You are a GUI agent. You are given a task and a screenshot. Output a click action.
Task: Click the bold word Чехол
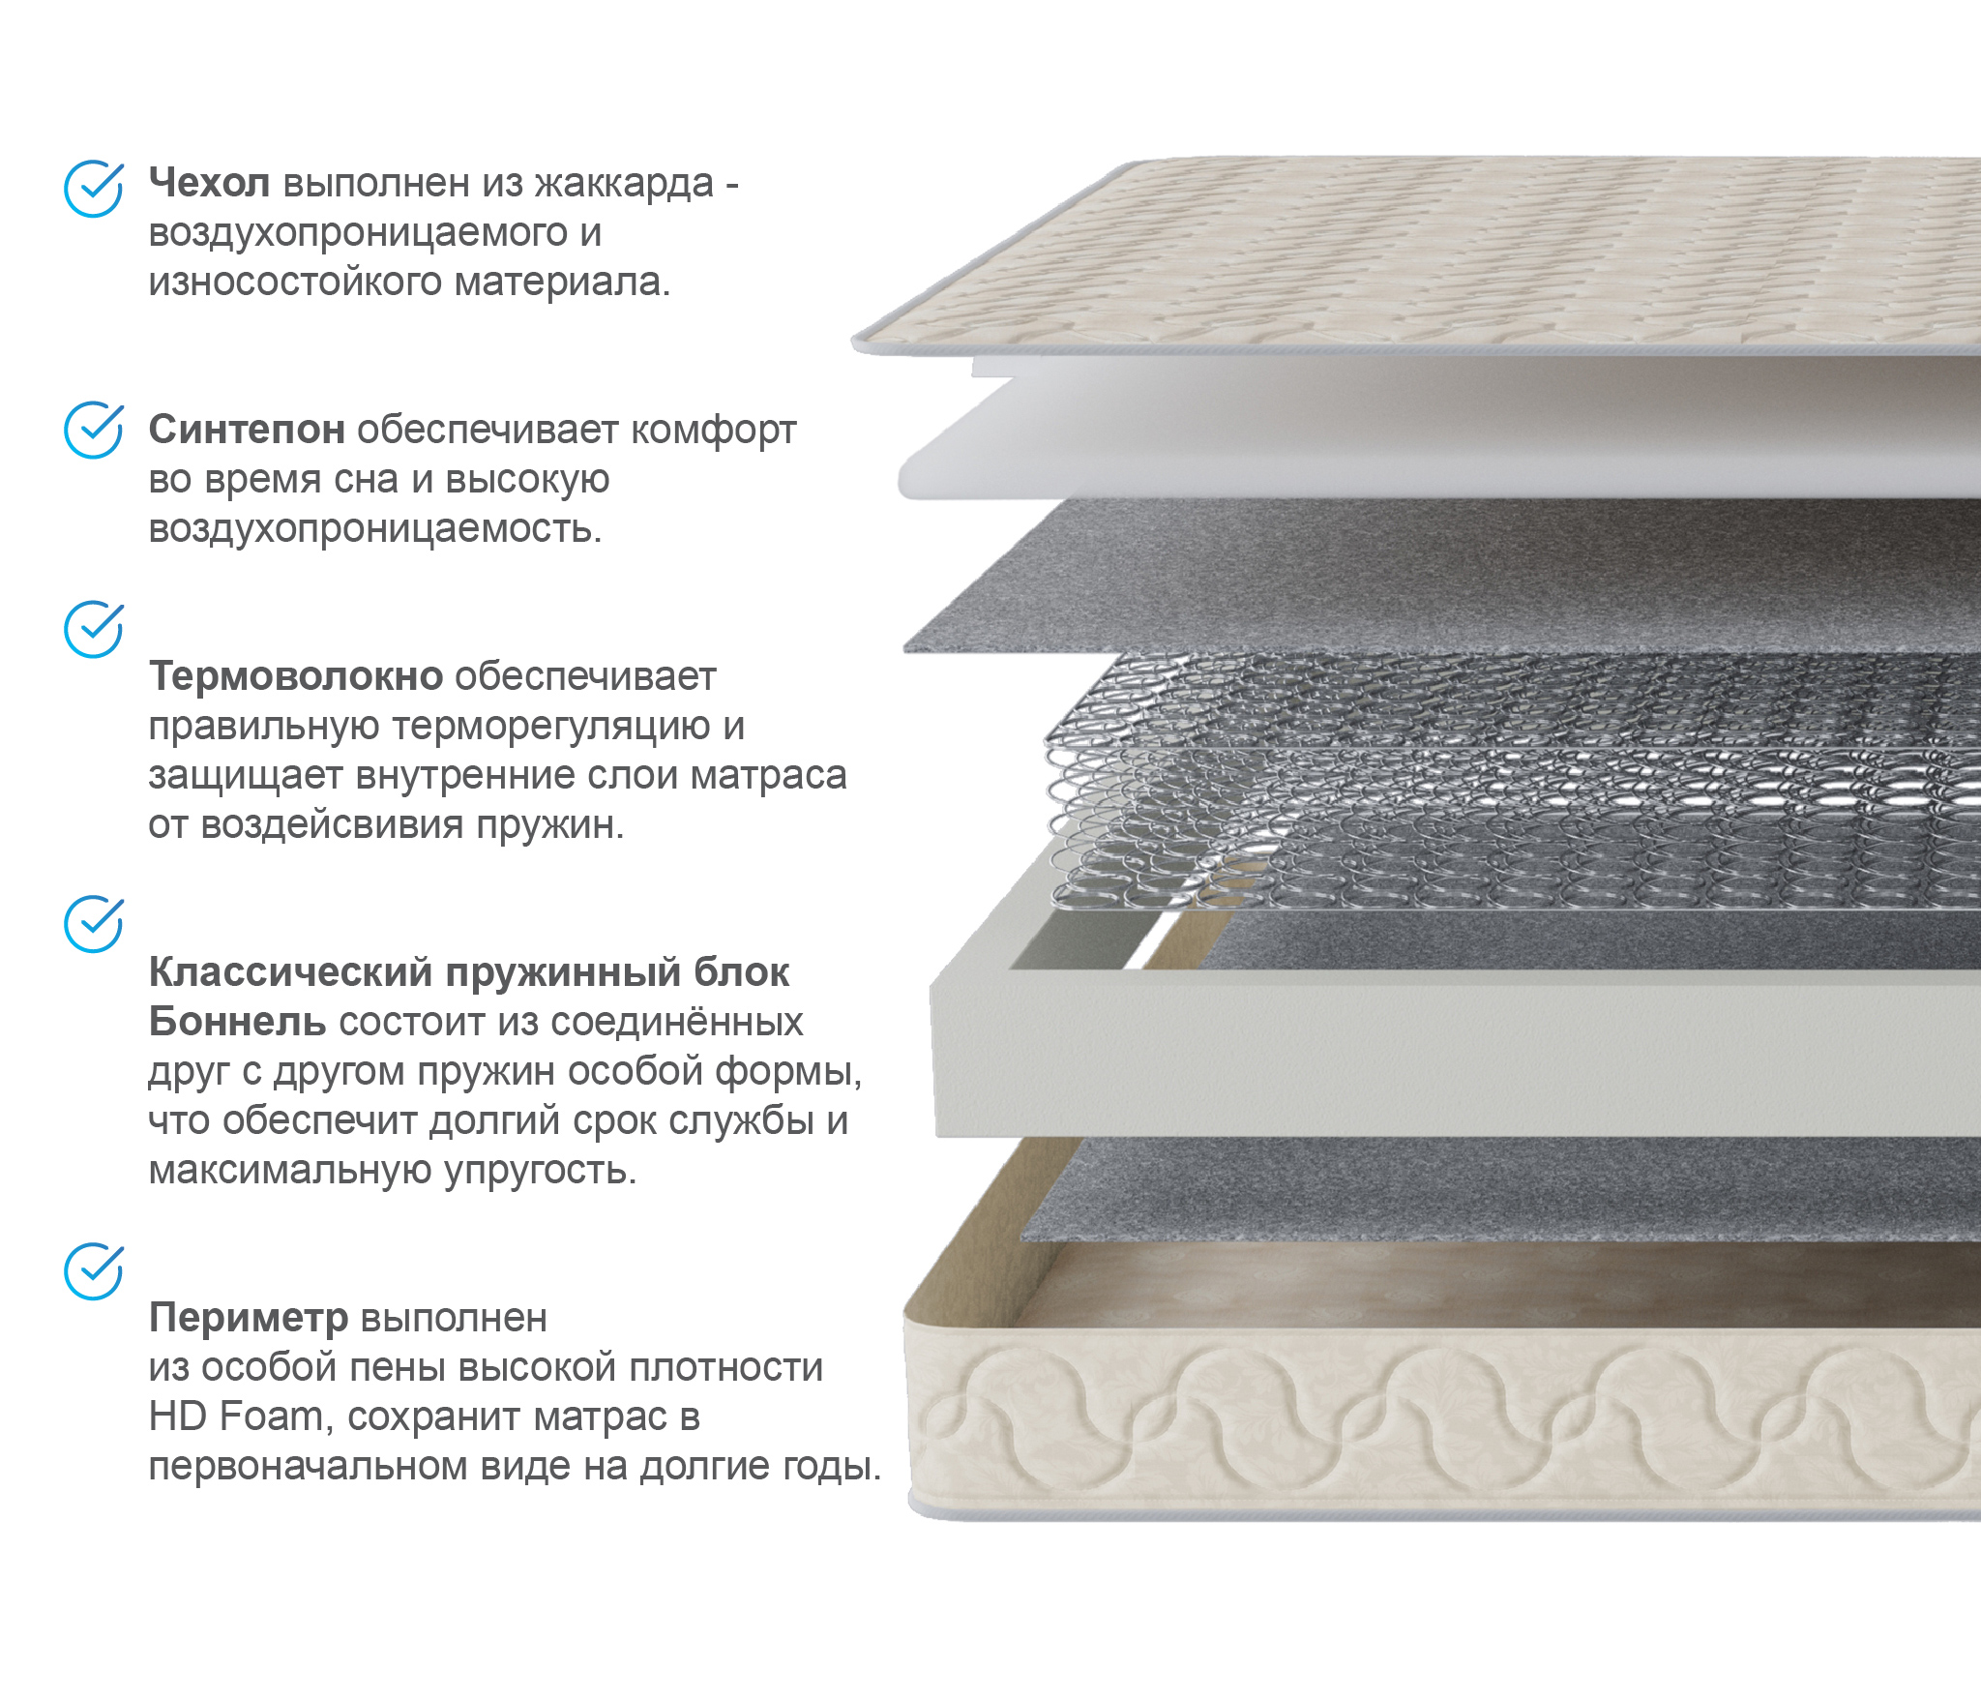pos(209,183)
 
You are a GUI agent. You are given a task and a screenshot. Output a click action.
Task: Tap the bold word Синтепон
pos(247,430)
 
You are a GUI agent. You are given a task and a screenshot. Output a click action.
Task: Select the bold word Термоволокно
pos(296,676)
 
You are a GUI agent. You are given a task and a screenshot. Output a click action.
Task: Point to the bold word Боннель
pos(237,1022)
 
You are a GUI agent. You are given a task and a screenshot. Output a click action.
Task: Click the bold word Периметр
pos(249,1318)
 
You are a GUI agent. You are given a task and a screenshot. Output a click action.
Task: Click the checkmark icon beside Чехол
pos(94,189)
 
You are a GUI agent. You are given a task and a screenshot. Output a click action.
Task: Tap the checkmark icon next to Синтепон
pos(94,430)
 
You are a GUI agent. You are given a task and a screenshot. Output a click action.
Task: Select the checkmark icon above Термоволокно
pos(94,629)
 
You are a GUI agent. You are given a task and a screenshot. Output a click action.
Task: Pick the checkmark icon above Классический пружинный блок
pos(94,924)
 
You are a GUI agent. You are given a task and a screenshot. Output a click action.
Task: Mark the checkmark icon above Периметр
pos(94,1271)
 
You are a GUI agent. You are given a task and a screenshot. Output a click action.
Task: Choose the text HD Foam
pos(235,1417)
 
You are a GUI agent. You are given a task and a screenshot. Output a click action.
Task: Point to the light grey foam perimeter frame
pos(1451,1055)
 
